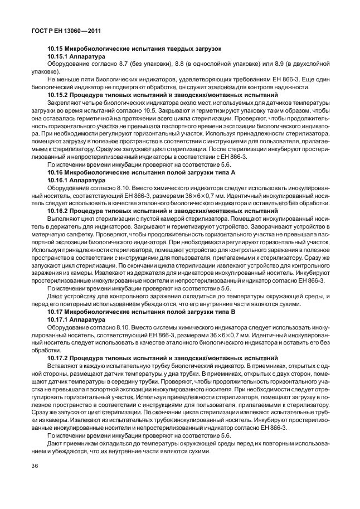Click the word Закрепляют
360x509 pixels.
(x=65, y=103)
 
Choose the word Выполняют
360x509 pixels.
(x=64, y=219)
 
